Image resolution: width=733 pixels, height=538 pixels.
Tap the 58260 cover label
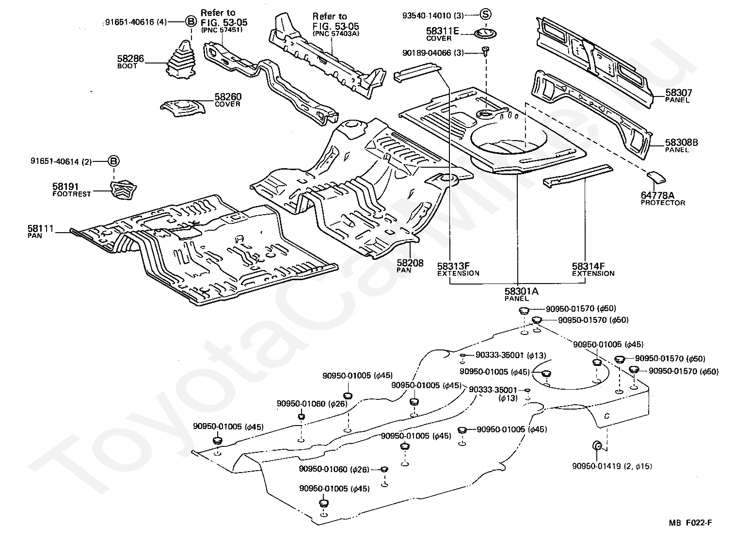[228, 97]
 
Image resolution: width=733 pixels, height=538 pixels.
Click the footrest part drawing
[123, 188]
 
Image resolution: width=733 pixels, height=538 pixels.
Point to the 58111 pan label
[41, 229]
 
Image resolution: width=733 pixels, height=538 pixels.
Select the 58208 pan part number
[410, 263]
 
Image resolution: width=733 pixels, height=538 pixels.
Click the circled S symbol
[486, 15]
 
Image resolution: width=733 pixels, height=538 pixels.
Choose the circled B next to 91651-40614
[112, 161]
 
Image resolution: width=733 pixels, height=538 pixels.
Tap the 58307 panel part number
[678, 93]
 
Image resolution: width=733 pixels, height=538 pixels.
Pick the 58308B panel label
[681, 142]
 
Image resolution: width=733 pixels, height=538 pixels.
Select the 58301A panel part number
[521, 291]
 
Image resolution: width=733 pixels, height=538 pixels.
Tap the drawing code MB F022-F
[691, 522]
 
